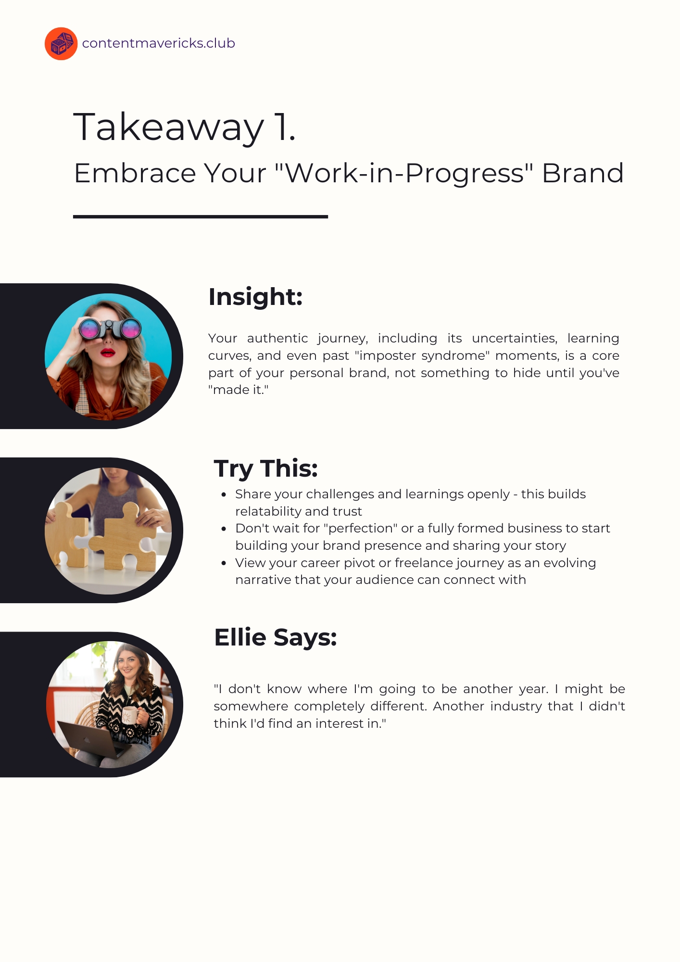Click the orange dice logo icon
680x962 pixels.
[61, 44]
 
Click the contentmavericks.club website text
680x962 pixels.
[159, 43]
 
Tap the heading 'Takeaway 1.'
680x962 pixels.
[184, 127]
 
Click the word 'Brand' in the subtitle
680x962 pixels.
[583, 173]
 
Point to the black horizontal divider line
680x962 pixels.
[201, 217]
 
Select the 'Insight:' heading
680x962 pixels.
[255, 297]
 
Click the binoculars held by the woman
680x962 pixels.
[111, 329]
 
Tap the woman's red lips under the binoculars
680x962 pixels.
[108, 353]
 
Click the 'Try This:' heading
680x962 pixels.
[266, 468]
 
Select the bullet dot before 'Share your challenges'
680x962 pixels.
[224, 494]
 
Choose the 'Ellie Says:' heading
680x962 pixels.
[276, 637]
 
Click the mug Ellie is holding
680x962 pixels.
[130, 715]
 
